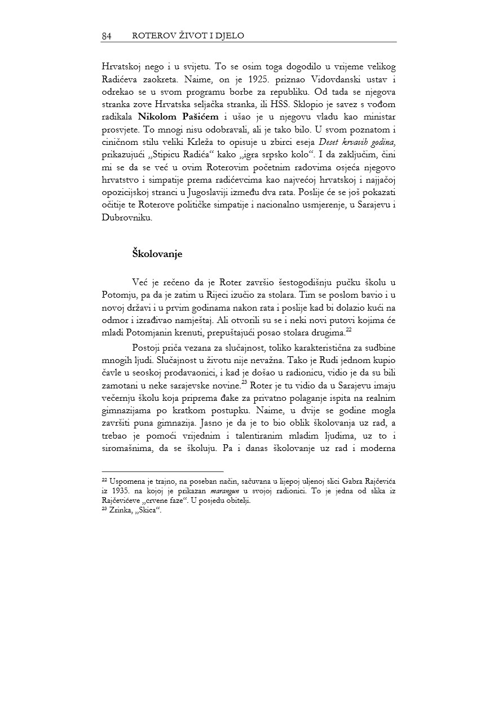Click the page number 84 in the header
(107, 36)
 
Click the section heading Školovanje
(157, 254)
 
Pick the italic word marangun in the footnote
(215, 488)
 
